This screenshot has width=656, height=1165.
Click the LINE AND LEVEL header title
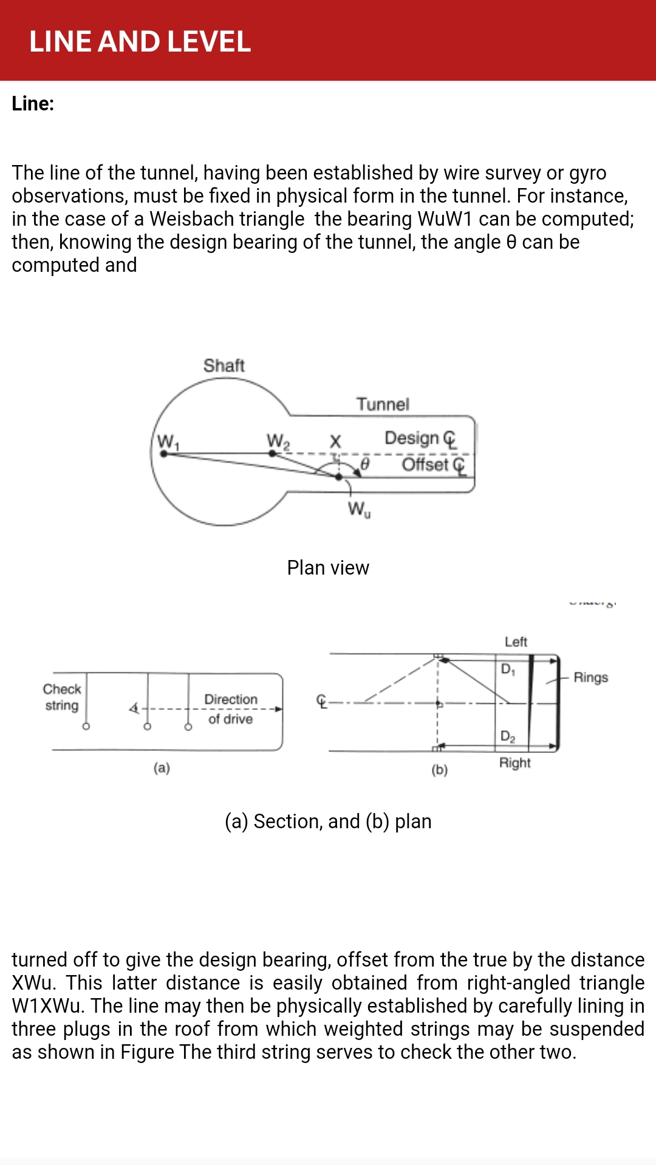point(140,41)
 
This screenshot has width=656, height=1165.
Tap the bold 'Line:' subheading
point(33,104)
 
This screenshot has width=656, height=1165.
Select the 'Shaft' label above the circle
point(224,365)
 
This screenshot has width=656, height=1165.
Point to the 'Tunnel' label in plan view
point(383,404)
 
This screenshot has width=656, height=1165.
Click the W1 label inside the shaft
point(168,442)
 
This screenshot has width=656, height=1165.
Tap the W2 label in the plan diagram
point(278,441)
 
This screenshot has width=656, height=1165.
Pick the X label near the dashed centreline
point(335,441)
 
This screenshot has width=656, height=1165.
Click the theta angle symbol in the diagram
point(365,464)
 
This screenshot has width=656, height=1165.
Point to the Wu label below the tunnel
point(359,508)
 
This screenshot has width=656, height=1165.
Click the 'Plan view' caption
point(328,568)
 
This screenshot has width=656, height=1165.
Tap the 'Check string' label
point(62,697)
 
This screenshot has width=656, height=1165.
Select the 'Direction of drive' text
point(231,709)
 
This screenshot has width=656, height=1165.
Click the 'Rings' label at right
point(591,677)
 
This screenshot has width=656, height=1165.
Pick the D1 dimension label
point(508,669)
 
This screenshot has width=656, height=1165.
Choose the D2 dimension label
point(508,737)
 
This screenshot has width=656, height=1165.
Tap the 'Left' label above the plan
point(516,642)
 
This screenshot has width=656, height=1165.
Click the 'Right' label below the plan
point(515,763)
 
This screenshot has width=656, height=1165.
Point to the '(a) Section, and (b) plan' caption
point(328,822)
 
